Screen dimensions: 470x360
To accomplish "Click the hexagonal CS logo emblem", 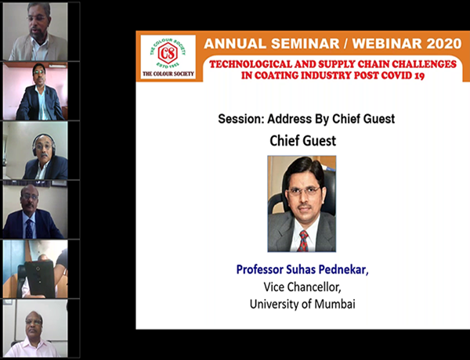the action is [168, 53].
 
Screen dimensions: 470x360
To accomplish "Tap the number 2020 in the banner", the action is [444, 44].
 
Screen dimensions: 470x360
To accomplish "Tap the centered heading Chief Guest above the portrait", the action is [302, 141].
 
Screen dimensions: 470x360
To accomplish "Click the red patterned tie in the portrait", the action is [303, 241].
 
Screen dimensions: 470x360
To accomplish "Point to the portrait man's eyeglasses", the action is [304, 191].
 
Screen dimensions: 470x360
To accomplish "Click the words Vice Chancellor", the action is [302, 287].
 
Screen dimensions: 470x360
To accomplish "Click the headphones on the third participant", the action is [44, 144].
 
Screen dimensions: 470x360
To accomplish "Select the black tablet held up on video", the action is [40, 279].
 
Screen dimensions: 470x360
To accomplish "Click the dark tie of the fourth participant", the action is [29, 229].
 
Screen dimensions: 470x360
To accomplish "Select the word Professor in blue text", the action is [259, 269].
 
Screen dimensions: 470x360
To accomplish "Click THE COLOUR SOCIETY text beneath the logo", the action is [168, 74].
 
